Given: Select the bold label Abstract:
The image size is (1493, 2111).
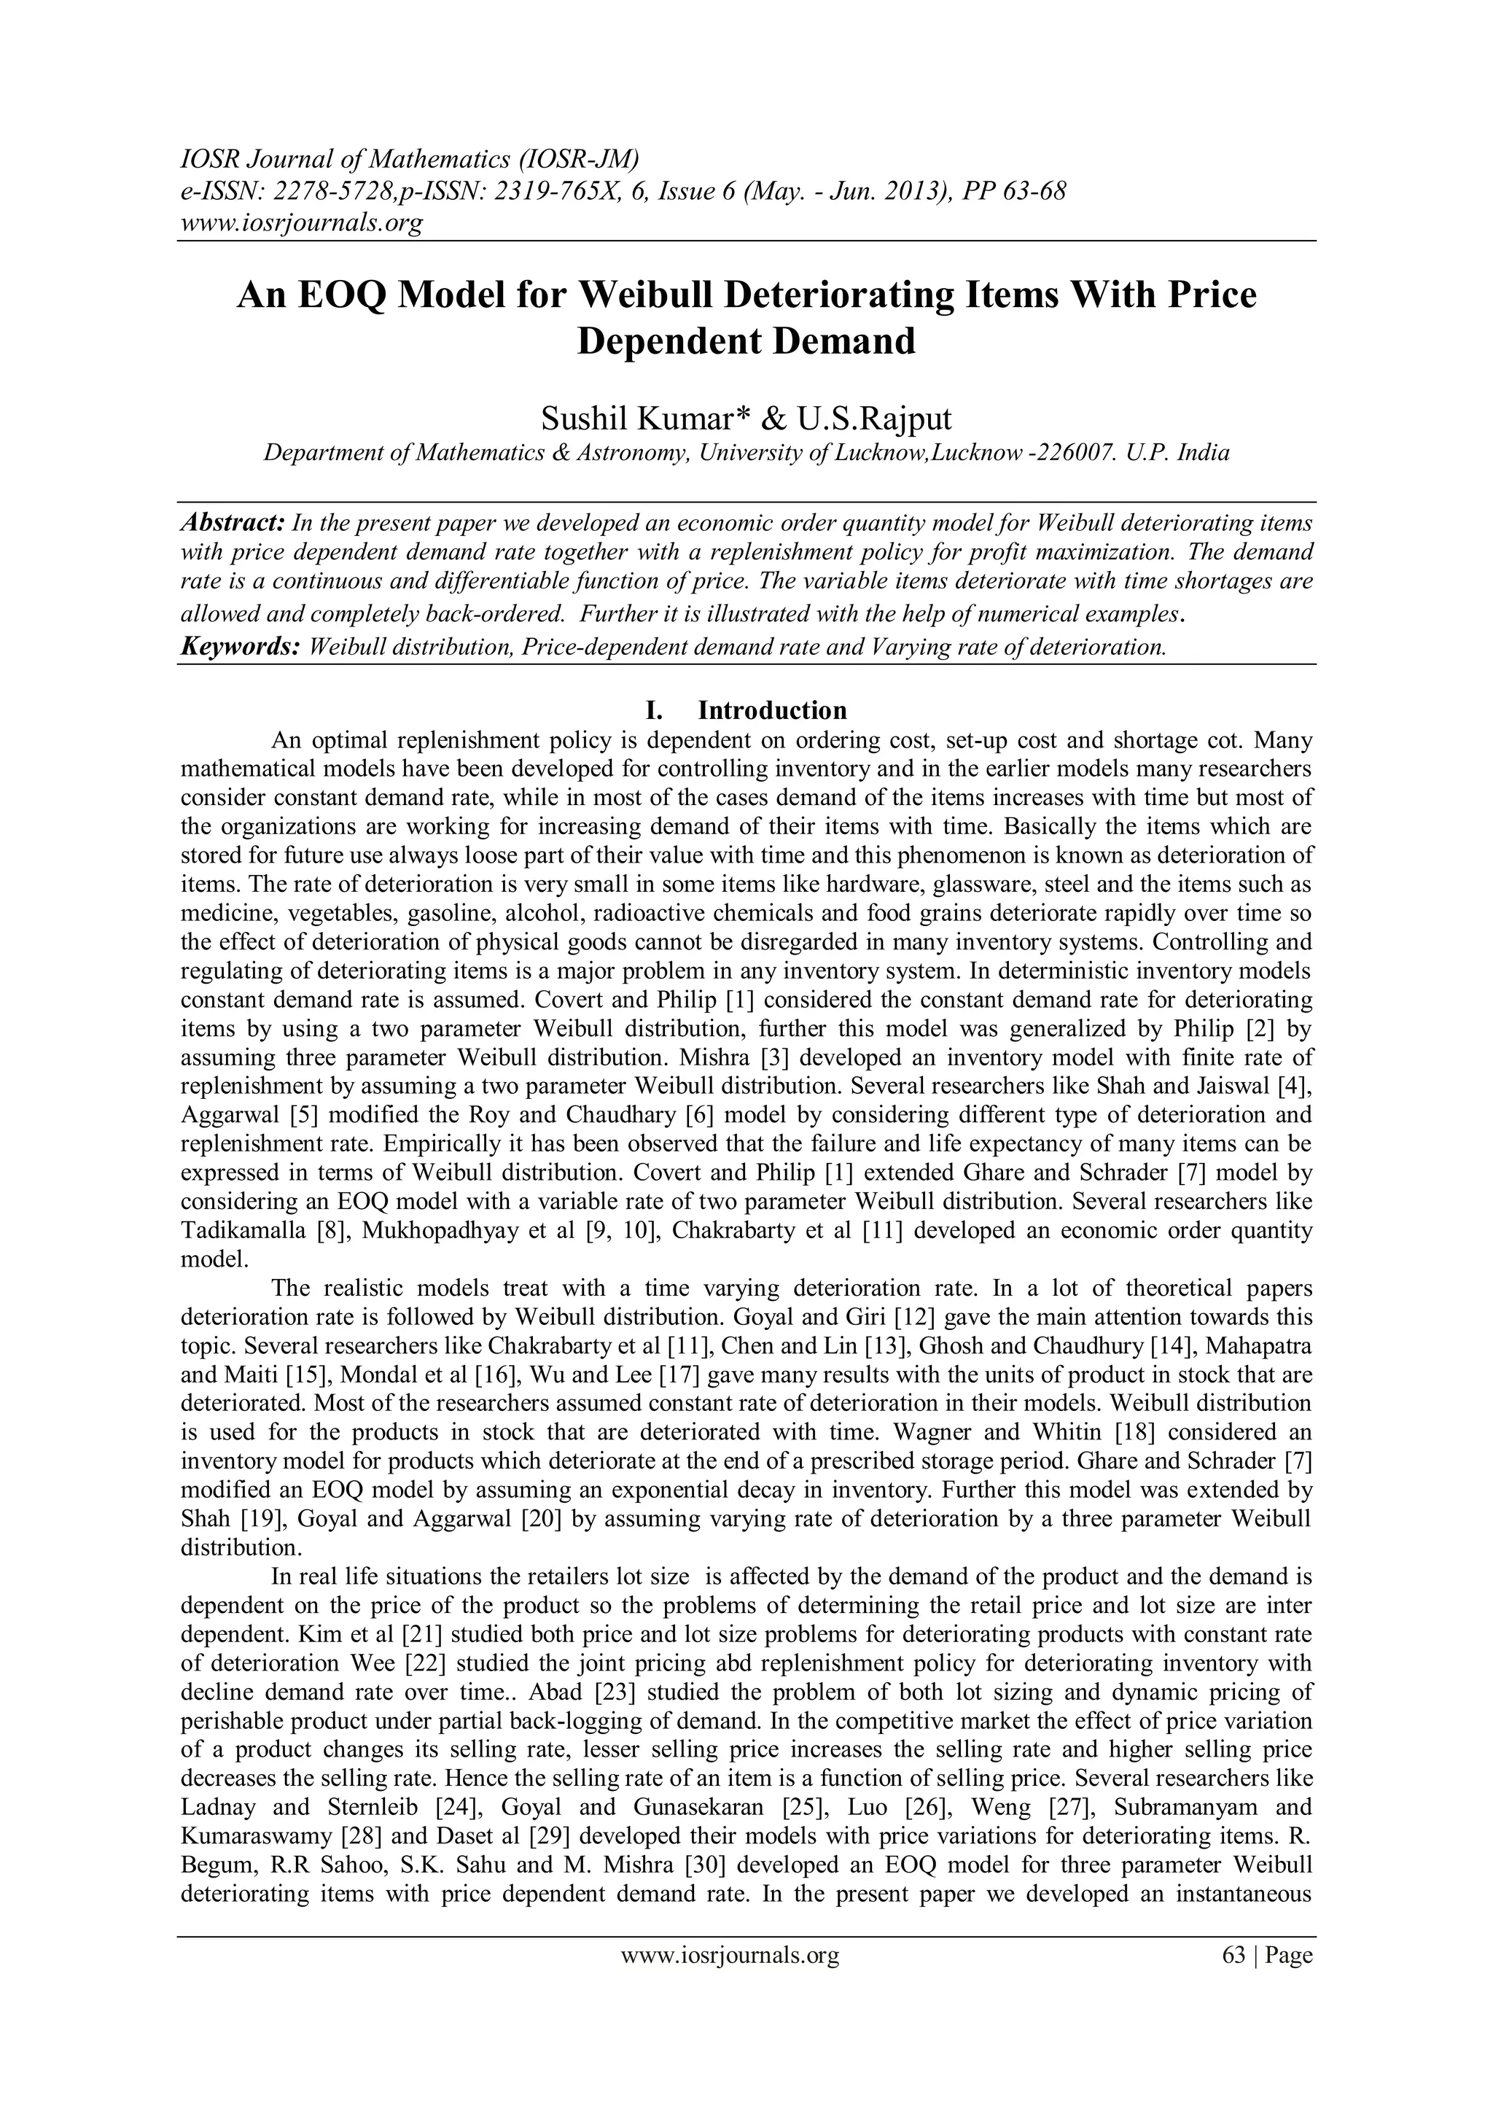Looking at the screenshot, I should pos(233,523).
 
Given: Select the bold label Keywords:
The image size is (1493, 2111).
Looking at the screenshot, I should pos(240,646).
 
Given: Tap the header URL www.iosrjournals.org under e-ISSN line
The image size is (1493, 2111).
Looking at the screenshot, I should pos(300,222).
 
